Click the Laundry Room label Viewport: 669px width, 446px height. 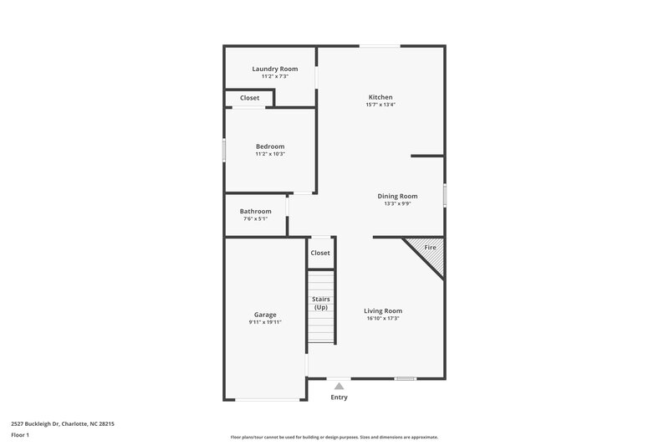click(275, 69)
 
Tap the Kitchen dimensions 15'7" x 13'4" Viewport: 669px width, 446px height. click(380, 105)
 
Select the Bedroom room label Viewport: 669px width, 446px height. click(270, 146)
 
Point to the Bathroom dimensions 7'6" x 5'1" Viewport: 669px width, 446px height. click(256, 219)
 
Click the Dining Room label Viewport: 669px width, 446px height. click(397, 196)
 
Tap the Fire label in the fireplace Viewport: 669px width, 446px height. click(430, 248)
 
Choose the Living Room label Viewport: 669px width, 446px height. click(383, 310)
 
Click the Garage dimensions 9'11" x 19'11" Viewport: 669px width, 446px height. click(265, 322)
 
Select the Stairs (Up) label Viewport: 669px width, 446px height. click(320, 303)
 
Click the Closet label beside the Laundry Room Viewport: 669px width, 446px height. click(249, 98)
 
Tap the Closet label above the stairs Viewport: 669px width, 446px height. click(320, 253)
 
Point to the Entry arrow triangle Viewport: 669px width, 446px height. click(339, 386)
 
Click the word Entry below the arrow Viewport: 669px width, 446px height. click(339, 397)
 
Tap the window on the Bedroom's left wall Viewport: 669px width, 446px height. click(224, 151)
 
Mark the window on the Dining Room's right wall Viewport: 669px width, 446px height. click(444, 195)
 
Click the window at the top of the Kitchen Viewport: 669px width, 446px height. click(379, 47)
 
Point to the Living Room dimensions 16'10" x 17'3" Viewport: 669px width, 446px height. click(383, 319)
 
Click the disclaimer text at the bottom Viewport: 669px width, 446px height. click(334, 437)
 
